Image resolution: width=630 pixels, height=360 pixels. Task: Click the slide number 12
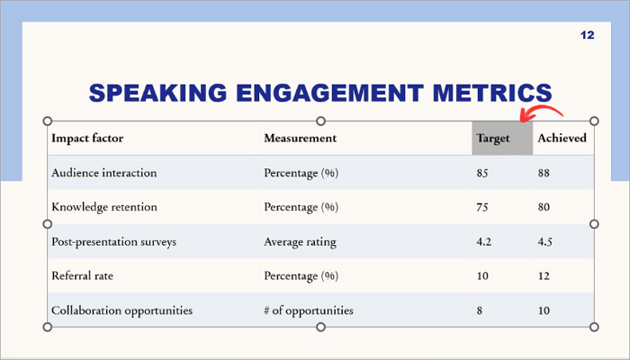(588, 35)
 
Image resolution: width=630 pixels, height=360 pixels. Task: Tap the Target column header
(494, 139)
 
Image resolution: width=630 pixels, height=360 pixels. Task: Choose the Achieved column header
(562, 139)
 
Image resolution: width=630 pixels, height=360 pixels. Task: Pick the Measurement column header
(300, 139)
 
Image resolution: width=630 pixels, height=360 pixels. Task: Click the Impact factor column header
(87, 139)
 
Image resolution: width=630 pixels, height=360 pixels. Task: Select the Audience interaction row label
(104, 173)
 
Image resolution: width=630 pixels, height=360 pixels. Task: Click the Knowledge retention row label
(104, 207)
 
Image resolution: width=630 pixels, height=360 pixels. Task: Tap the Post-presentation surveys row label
(113, 241)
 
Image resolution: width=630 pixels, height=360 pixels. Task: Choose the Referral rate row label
(83, 276)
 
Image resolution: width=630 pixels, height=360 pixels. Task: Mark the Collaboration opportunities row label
(122, 310)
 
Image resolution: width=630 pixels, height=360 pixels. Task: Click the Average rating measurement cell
(300, 241)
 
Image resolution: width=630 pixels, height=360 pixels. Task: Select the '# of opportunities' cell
(309, 310)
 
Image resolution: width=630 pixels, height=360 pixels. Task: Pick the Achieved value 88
(544, 173)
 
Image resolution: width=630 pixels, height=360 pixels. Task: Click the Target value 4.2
(484, 241)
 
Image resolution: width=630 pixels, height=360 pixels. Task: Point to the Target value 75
(482, 207)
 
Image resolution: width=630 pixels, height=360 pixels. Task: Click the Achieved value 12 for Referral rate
(544, 276)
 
